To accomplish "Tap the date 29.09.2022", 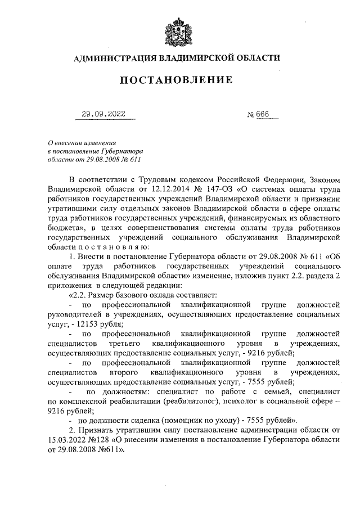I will pyautogui.click(x=103, y=114).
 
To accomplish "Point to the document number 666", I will pyautogui.click(x=263, y=114).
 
